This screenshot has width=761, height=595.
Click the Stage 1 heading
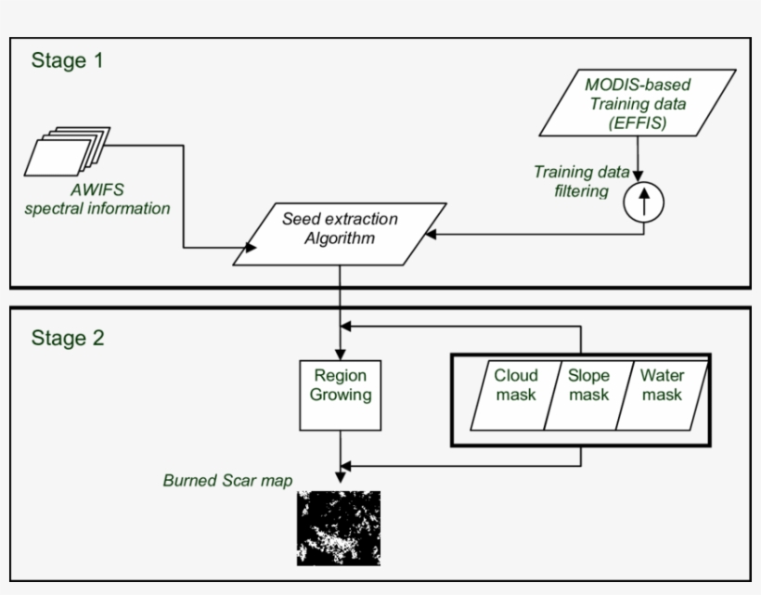(68, 61)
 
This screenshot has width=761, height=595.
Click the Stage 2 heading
(68, 337)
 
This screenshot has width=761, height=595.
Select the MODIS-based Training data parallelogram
(637, 102)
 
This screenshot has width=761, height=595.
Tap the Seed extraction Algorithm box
(340, 228)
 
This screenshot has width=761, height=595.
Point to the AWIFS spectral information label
(97, 198)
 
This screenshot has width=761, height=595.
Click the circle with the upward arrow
(645, 201)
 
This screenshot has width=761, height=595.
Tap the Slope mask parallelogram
(587, 385)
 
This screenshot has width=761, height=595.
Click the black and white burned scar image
(340, 528)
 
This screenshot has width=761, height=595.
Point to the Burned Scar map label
(227, 481)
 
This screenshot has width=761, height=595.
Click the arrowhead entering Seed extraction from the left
(250, 248)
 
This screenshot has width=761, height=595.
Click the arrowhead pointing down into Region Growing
(341, 354)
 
